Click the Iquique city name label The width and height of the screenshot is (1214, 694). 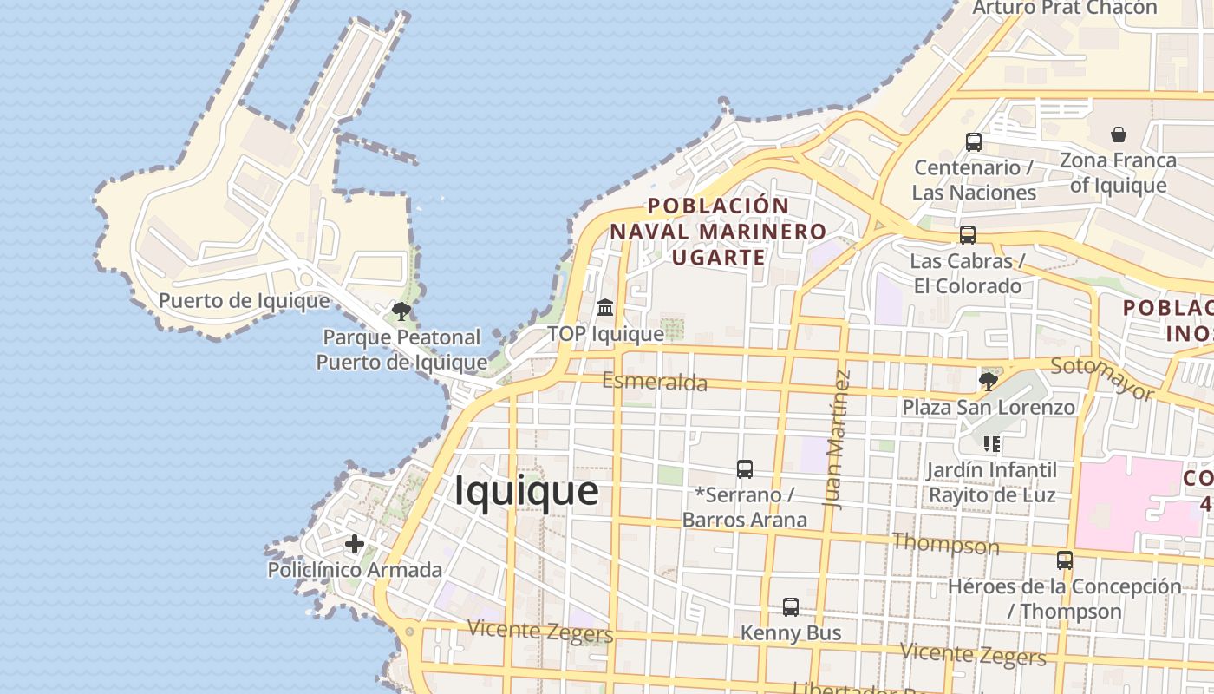coord(526,491)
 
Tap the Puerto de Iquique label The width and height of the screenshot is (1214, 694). coord(244,301)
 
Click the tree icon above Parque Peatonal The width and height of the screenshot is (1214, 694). coord(401,311)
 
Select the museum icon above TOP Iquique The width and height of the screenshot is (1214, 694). coord(605,307)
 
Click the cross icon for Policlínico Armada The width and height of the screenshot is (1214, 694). coord(354,544)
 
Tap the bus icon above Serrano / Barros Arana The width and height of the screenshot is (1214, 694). coord(744,469)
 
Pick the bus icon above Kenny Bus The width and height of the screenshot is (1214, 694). coord(790,607)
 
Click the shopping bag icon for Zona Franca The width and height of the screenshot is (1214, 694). coord(1119,134)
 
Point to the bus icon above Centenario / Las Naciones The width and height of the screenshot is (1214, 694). coord(974,142)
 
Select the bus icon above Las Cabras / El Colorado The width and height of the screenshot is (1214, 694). coord(967,235)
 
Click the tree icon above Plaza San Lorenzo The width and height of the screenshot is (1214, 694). coord(988,380)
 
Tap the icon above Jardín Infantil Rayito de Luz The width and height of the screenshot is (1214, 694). coord(992,444)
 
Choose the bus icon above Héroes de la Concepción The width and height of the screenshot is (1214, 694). coord(1065,560)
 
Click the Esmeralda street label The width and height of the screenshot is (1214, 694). coord(655,382)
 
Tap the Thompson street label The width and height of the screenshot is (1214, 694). coord(945,545)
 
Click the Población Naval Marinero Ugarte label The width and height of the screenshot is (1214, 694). coord(718,232)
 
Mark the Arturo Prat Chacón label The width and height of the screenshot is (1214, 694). coord(1064,8)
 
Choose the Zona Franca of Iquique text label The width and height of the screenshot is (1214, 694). coord(1118,173)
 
